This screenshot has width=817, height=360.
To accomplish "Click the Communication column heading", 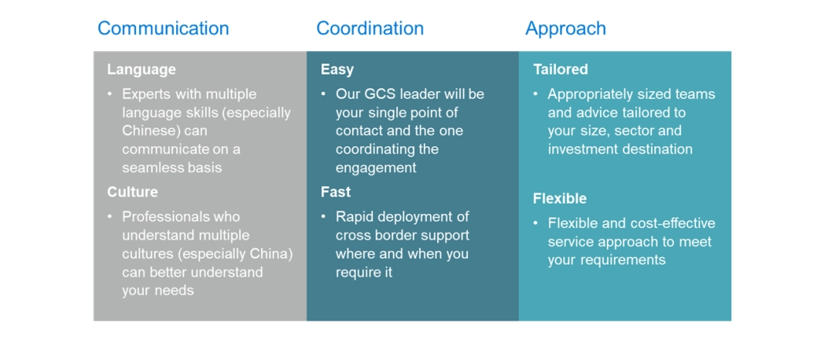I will click(163, 28).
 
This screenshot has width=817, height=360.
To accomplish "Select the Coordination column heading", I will click(370, 28).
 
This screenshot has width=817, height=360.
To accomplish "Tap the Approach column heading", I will click(565, 28).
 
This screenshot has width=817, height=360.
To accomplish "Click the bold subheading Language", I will click(142, 69).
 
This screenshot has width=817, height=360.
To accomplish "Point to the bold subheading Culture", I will click(132, 192).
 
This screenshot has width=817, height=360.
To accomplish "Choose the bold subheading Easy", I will click(337, 69).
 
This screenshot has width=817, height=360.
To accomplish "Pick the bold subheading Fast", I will click(336, 192).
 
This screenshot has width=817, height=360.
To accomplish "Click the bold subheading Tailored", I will click(560, 69).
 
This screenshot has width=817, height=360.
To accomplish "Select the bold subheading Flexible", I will click(559, 198).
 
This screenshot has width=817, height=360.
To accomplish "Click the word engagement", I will click(376, 167).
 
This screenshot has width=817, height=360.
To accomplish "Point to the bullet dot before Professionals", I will click(110, 216).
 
